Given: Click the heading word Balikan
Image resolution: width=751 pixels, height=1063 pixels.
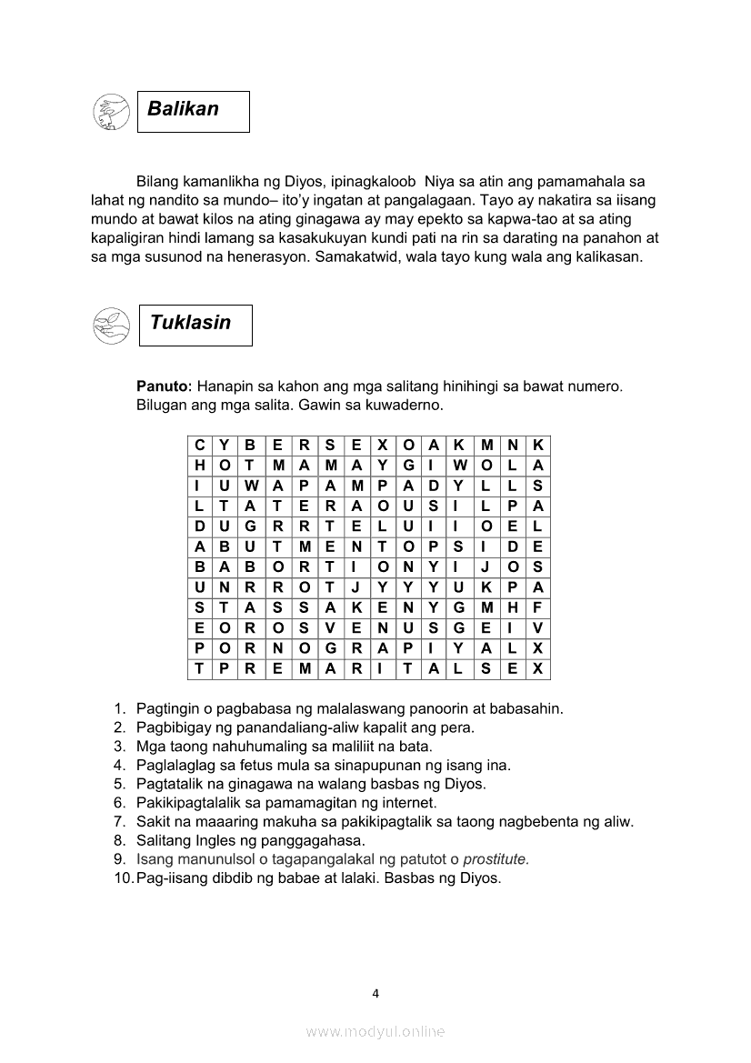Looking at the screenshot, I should (184, 109).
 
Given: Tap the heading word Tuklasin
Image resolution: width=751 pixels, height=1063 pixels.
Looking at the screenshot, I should (190, 323).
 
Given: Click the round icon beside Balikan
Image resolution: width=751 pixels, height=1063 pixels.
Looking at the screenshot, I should (110, 113).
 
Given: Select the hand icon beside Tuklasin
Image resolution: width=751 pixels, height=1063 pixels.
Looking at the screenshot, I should (111, 326).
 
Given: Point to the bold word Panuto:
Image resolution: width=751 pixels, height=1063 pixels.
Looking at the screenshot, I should (164, 386).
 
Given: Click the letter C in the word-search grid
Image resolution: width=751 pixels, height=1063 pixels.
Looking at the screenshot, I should (199, 446).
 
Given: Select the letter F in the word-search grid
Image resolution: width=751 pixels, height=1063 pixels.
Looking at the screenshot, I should (537, 607).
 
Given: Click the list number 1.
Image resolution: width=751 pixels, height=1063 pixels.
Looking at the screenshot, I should (119, 708).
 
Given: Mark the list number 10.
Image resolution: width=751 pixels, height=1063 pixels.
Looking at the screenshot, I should (123, 879).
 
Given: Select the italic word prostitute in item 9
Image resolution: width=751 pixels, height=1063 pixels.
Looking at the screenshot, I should (496, 860).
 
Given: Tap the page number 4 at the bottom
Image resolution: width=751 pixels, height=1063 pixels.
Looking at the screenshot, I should (375, 993).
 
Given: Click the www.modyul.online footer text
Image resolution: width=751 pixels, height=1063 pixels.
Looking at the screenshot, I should (375, 1031).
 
